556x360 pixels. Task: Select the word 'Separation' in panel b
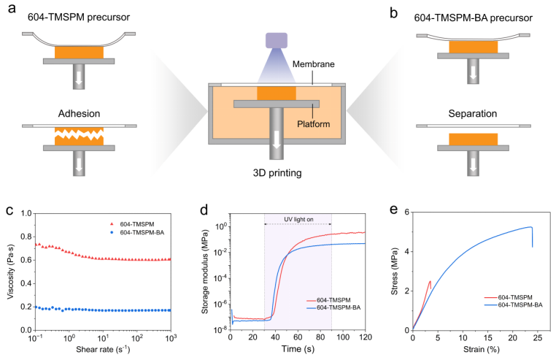(x=473, y=115)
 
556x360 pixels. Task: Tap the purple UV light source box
(x=277, y=41)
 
